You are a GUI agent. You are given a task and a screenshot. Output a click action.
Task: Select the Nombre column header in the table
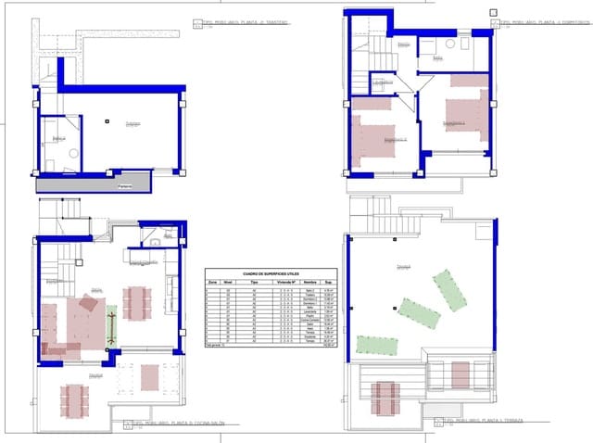point(310,283)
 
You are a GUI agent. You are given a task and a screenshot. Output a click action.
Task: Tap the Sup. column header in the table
point(329,283)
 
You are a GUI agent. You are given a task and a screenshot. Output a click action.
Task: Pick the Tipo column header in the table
point(253,283)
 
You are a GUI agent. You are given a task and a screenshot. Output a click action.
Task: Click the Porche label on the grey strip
point(125,184)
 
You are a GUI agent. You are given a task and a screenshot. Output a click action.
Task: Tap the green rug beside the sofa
point(112,327)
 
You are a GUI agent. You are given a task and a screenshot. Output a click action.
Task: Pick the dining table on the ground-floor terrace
point(73,399)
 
